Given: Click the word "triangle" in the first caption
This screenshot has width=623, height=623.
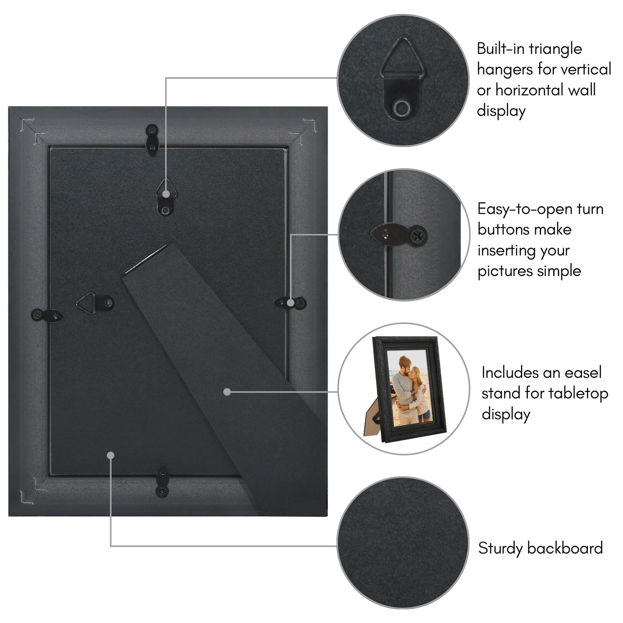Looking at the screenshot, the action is pos(555,49).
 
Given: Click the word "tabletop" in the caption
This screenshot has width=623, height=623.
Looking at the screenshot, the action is pos(578,394).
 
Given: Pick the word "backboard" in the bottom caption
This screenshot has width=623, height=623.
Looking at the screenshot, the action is pos(565,548).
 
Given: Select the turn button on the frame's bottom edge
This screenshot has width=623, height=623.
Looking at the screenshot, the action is pos(163,481).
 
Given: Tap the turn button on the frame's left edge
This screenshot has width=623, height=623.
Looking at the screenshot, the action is pos(47,315).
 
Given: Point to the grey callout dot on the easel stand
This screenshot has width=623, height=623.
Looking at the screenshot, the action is pos(227,392).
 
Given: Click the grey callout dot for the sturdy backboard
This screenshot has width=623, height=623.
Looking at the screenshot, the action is pos(110,455).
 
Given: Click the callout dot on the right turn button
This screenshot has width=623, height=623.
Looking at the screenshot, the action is pos(291,303).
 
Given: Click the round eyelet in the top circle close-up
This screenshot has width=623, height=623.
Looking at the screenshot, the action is pos(402,108).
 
